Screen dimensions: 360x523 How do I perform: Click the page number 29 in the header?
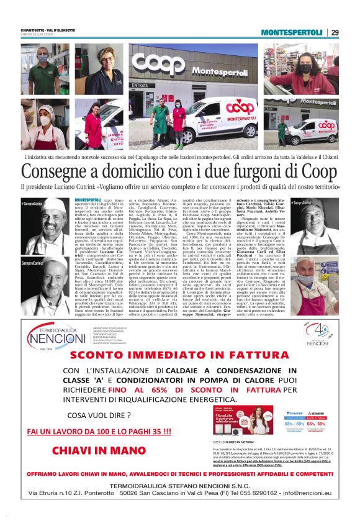coord(335,32)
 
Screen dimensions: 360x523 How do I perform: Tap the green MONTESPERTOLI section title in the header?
coord(292,32)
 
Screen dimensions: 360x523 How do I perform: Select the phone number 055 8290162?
coord(248,493)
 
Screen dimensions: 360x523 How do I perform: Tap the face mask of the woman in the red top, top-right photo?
coord(305,65)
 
